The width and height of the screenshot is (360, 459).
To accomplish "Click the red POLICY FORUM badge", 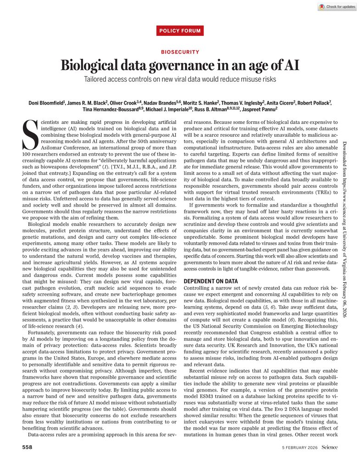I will pyautogui.click(x=180, y=31).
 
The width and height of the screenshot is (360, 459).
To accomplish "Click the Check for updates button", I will pyautogui.click(x=337, y=7).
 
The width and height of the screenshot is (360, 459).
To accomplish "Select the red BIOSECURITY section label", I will pyautogui.click(x=180, y=52).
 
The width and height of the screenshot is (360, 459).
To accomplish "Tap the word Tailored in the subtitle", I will pyautogui.click(x=97, y=79).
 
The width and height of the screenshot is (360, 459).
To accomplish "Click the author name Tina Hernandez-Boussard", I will pyautogui.click(x=107, y=109).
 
